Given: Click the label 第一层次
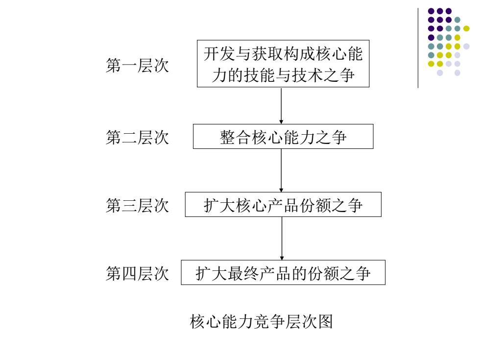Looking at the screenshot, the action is pos(137,66).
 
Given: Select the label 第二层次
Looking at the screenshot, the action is pos(137,137).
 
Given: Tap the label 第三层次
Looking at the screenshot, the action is pos(137,205).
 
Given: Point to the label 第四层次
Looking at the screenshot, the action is pos(137,273).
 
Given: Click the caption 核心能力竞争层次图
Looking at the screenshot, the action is pos(261,321).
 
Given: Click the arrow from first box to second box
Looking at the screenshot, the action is pos(281,106).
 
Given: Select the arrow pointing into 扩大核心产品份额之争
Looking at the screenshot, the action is pos(281,170).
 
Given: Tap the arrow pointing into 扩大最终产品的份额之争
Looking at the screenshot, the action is pos(282,239).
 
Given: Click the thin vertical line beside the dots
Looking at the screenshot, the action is pos(418,48).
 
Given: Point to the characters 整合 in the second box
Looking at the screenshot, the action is pos(236,137).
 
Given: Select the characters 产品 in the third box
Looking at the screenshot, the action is pos(283,205).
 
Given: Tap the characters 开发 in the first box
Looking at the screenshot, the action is pos(219,53).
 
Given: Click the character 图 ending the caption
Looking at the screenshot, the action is pos(325,321).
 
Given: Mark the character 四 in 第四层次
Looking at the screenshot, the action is pos(129,273).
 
